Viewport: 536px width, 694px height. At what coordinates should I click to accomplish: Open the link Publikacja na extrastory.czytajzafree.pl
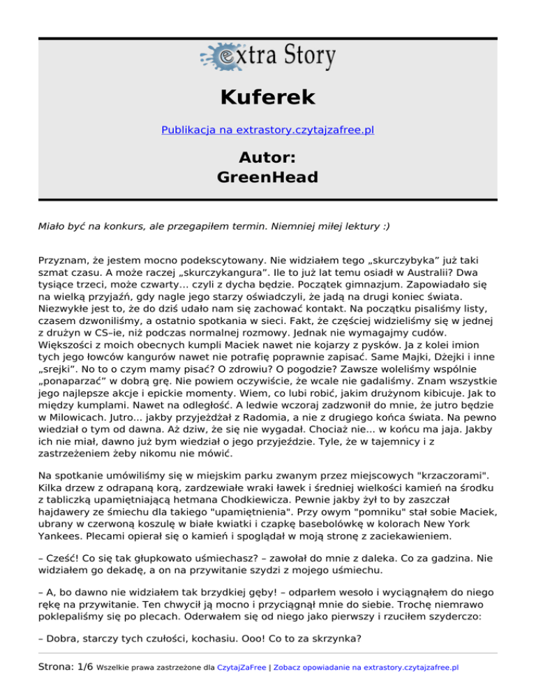[268, 130]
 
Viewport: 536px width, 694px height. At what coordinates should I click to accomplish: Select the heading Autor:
[268, 155]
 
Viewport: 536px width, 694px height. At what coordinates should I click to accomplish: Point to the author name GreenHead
[268, 177]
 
